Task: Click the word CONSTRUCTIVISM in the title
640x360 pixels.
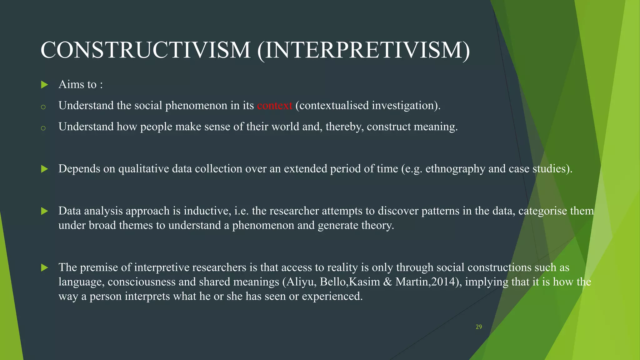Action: [145, 50]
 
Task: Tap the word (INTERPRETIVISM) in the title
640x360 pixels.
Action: [363, 50]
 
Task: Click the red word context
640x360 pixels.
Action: [274, 106]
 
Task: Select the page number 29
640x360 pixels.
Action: [479, 327]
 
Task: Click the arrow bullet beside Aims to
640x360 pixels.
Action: [45, 85]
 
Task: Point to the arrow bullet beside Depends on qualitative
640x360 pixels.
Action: [45, 169]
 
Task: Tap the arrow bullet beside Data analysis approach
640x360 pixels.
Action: [45, 211]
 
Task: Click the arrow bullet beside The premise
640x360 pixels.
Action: [45, 267]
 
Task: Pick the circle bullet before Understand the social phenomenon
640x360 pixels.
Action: [43, 107]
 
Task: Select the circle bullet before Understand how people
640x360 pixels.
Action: [43, 128]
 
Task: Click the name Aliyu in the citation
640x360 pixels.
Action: [301, 282]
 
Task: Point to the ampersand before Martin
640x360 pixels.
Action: [387, 282]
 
